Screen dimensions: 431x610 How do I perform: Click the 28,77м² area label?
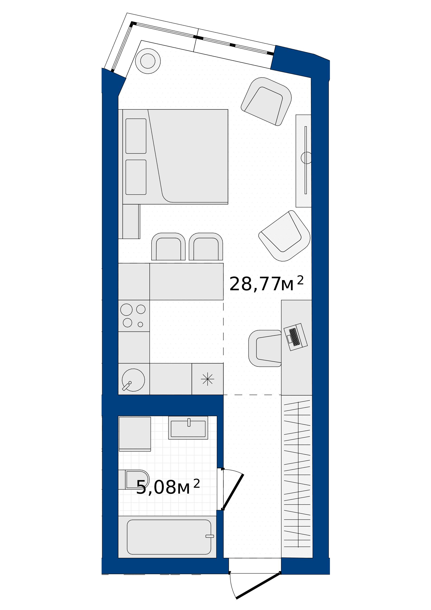(x=266, y=284)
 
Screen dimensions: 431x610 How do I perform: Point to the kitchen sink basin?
(x=133, y=380)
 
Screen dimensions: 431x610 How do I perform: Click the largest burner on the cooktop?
(x=127, y=310)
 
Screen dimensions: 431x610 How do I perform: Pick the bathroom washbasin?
(x=188, y=428)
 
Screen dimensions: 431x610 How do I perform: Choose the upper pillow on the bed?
(x=136, y=136)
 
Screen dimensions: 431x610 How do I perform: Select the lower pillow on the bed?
(x=136, y=177)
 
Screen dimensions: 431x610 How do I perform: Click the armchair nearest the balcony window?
(x=266, y=102)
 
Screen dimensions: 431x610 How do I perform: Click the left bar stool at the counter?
(x=168, y=246)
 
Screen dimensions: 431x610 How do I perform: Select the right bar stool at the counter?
(x=206, y=246)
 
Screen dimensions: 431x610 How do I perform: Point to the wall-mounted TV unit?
(x=304, y=161)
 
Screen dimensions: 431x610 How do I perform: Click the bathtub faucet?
(x=210, y=536)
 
